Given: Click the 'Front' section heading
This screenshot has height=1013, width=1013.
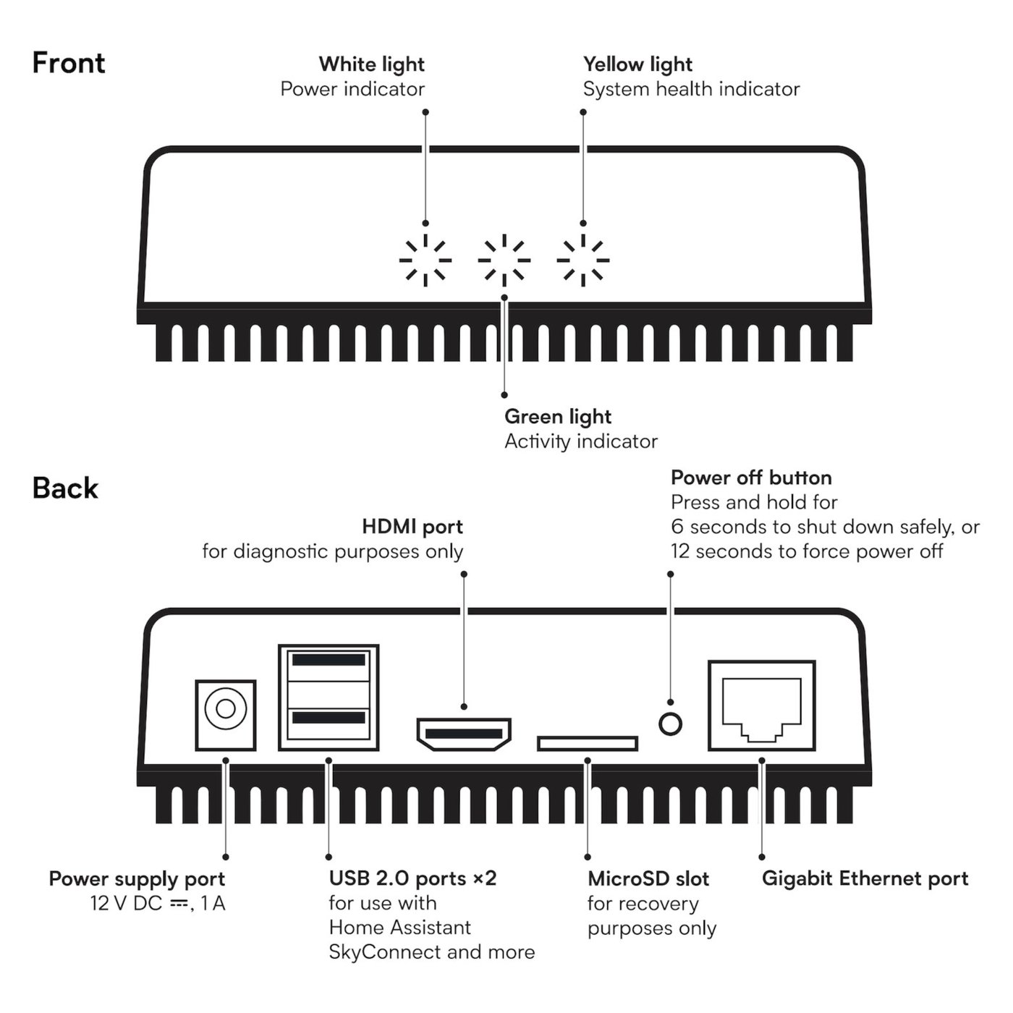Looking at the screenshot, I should pos(69,63).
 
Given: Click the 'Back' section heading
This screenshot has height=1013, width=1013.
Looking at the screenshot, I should pos(65,488).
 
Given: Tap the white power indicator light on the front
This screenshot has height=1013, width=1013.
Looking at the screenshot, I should pos(425,260).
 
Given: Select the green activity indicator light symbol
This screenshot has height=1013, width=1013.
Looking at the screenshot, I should pos(504,260).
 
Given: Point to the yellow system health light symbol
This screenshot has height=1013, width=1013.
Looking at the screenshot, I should pos(583,260).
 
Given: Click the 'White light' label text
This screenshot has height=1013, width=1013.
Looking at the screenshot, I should pos(371,64).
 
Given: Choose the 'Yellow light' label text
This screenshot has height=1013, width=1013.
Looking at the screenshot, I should pos(637,64).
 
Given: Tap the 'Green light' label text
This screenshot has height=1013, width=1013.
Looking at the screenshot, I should pos(557,417).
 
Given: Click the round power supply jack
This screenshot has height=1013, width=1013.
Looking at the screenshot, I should pos(226,708).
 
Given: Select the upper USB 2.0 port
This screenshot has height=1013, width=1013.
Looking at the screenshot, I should pos(328,661).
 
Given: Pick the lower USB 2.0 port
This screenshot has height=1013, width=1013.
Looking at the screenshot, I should pos(328,718).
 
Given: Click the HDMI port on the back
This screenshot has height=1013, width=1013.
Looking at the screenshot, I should pos(464,734).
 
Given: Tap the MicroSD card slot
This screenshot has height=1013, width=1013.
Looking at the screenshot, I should pos(587,743).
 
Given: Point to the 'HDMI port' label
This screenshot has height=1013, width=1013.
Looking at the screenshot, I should pos(412,527).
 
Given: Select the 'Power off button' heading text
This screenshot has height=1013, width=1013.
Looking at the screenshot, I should pos(751,478).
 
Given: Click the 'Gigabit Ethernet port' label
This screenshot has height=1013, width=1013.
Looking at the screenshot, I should pos(865,879).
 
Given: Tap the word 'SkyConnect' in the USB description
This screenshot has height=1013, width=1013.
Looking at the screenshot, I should pos(385,952).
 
